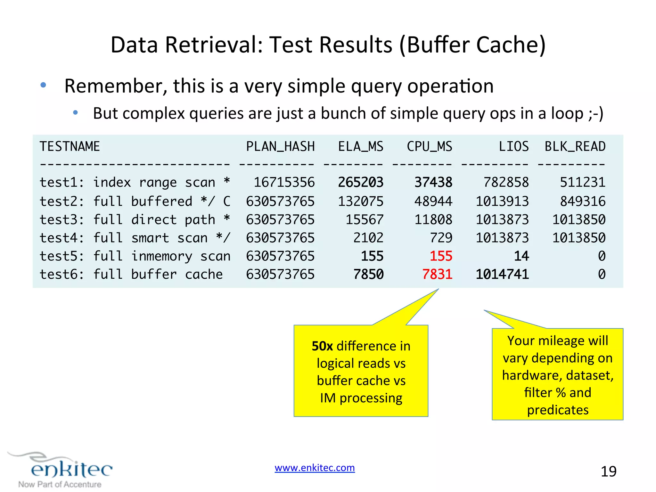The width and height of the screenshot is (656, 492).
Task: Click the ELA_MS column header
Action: pos(361,147)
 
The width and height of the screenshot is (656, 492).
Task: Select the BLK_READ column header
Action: pos(575,147)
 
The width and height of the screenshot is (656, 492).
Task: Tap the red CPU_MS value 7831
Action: pos(437,275)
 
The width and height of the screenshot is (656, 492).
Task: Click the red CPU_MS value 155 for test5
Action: pos(441,256)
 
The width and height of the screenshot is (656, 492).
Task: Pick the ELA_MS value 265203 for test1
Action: pos(361,183)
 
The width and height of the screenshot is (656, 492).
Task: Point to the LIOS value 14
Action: pos(521,256)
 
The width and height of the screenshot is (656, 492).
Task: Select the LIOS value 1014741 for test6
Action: pos(502,275)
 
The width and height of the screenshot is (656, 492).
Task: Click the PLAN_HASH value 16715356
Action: pos(284,183)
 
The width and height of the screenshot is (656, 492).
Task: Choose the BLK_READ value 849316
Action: pos(583,201)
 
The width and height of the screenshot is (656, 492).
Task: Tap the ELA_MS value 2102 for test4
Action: pos(368,238)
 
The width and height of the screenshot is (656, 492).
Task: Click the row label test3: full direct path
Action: pos(135,220)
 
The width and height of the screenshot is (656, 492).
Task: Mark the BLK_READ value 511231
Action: pos(583,183)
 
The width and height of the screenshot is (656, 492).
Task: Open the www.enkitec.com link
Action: pos(315,468)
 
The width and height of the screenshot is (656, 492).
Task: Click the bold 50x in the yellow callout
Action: pos(322,346)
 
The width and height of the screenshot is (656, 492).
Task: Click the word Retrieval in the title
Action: pos(214,45)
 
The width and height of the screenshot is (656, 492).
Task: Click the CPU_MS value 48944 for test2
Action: pos(433,201)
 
